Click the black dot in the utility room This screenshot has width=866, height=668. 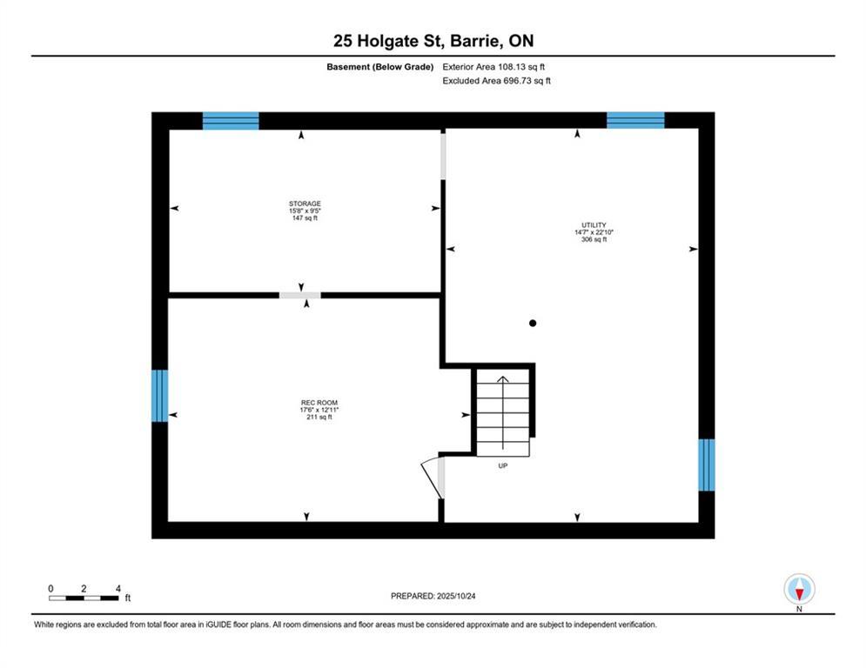pos(533,324)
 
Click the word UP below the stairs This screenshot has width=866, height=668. pos(502,466)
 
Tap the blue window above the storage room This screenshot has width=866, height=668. pos(231,121)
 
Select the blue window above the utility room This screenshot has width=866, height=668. pos(634,121)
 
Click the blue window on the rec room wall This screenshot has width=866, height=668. pos(159,396)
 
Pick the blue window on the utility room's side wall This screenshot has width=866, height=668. pos(707,464)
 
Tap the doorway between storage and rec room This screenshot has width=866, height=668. pos(299,296)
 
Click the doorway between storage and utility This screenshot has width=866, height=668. pos(443,156)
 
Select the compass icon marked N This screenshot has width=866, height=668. pos(798,590)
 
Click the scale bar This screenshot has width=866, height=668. pos(84,598)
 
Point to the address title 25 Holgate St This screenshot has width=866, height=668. pos(433,41)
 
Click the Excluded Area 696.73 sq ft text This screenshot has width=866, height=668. pos(496,81)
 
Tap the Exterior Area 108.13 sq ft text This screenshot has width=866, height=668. pos(493,66)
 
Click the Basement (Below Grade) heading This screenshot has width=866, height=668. pos(380,66)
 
